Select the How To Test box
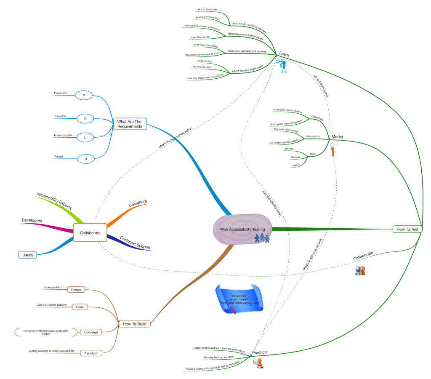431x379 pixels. click(x=407, y=229)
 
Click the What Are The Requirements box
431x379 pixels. click(x=129, y=123)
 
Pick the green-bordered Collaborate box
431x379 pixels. click(x=90, y=232)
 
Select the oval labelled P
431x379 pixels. click(x=84, y=96)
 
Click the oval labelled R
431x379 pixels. click(x=85, y=159)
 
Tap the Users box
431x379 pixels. click(x=27, y=254)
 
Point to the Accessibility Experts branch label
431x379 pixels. click(x=54, y=201)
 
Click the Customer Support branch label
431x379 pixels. click(x=135, y=243)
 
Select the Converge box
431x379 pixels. click(x=90, y=332)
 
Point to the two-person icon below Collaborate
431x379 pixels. click(x=360, y=270)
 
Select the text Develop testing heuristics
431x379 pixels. click(x=218, y=357)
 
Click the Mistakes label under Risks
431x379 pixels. click(x=295, y=157)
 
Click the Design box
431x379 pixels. click(x=76, y=289)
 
